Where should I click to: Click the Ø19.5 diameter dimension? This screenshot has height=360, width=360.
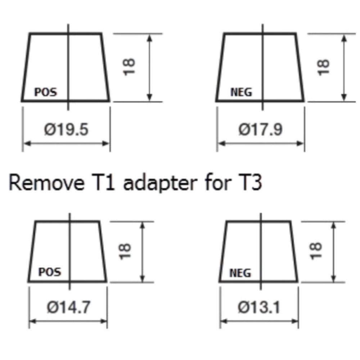[x=66, y=130]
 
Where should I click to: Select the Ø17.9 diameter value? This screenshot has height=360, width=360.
[x=261, y=130]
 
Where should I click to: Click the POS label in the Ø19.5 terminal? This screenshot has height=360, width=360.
[x=45, y=93]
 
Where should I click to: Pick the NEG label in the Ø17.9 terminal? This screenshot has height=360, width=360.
[x=241, y=93]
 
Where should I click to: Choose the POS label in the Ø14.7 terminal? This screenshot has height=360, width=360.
[x=50, y=272]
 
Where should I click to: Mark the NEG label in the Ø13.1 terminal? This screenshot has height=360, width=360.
[x=240, y=273]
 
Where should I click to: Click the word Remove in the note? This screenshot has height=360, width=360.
[x=39, y=184]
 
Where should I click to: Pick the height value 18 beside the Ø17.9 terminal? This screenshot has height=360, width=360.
[x=324, y=67]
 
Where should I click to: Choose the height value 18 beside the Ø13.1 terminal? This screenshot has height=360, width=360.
[x=315, y=251]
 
